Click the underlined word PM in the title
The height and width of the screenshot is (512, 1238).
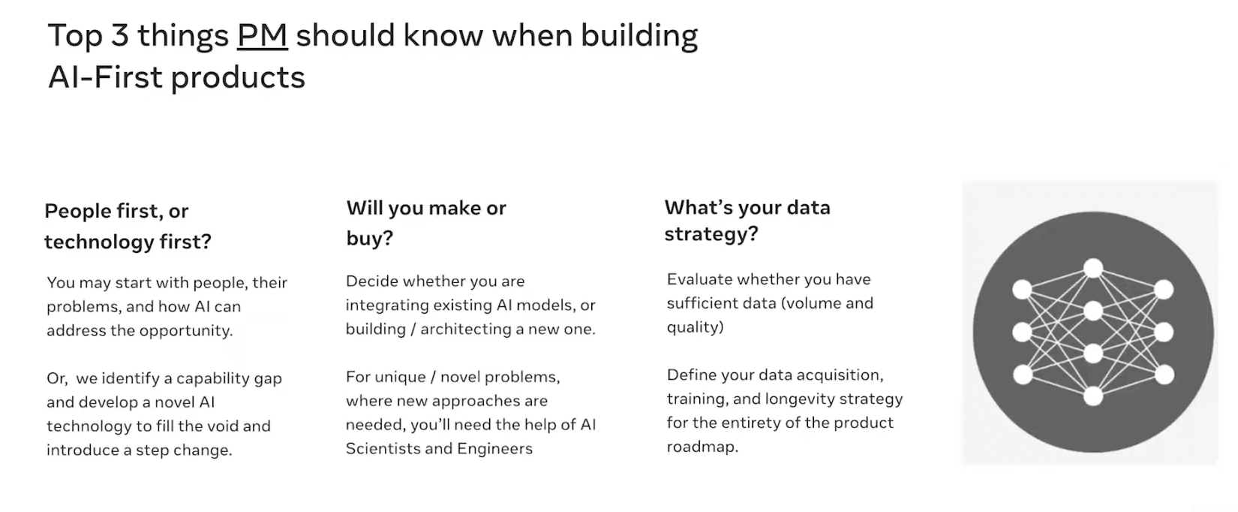262,35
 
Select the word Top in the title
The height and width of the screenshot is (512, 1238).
75,36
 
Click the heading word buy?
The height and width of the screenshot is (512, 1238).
369,239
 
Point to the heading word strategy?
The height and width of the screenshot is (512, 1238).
711,234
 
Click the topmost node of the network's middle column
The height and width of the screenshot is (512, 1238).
1093,268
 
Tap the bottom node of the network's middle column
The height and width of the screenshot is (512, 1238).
1093,396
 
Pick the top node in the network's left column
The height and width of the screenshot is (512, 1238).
1022,290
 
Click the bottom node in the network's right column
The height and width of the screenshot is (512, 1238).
1164,374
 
